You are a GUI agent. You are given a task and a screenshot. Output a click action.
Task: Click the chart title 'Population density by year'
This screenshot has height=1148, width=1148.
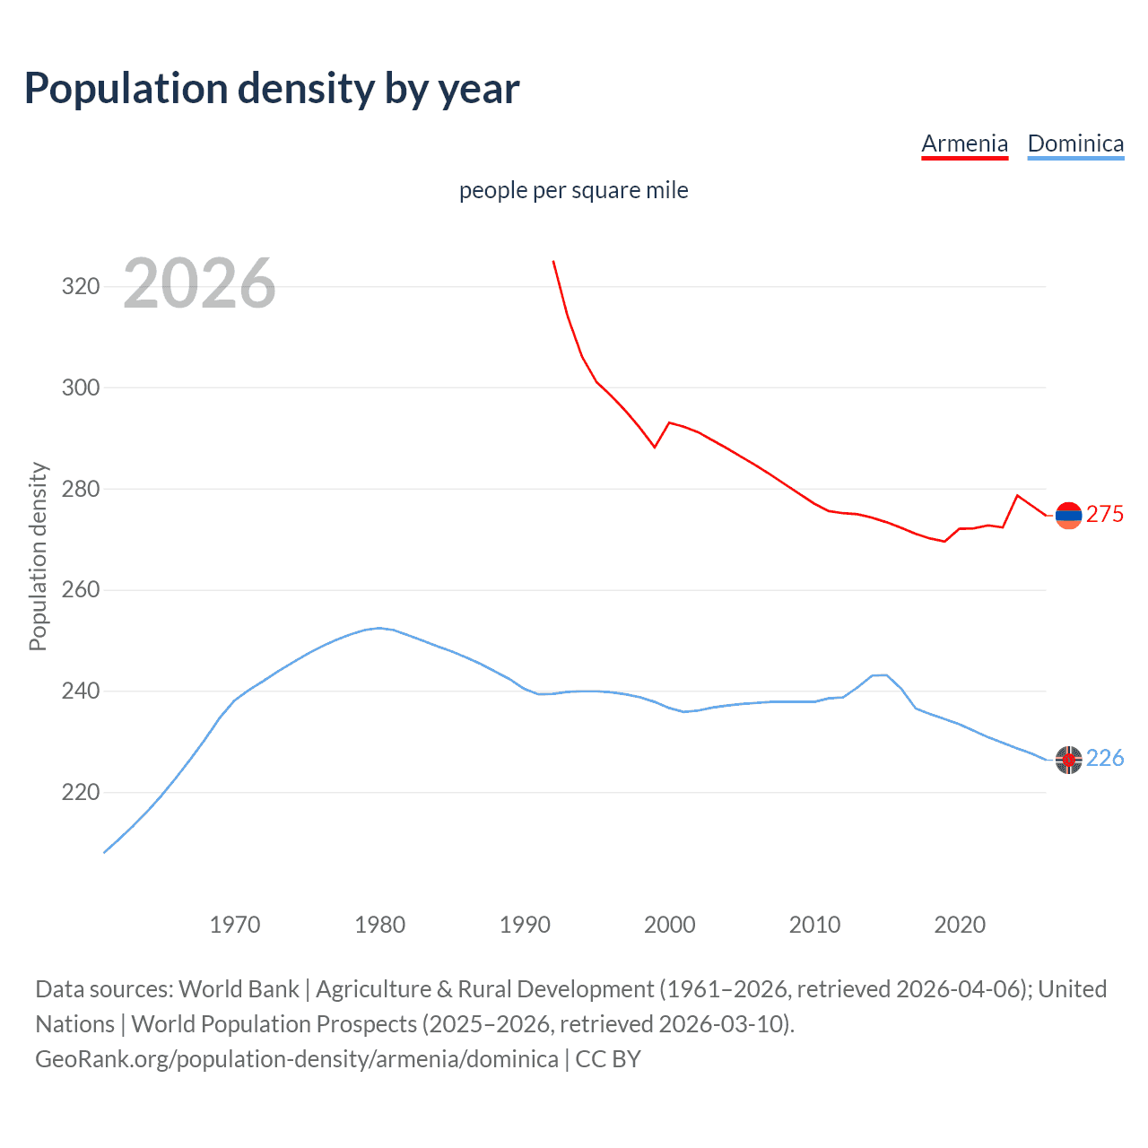coord(272,89)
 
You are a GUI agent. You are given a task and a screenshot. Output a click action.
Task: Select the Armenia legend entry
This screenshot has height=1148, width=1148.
coord(964,143)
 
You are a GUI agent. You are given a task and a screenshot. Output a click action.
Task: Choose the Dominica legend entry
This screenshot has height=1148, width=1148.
coord(1075,143)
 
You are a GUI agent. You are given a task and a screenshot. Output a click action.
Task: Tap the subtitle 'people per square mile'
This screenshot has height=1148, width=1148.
coord(573,190)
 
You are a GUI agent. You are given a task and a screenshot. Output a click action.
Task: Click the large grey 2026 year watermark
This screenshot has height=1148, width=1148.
coord(199,283)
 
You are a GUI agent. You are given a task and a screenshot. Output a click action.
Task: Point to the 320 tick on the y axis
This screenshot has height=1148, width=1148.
coord(81,287)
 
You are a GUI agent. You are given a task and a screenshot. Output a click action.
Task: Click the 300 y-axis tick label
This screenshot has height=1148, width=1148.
coord(81,388)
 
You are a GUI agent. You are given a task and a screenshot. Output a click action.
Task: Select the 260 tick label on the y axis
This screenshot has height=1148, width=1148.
coord(81,590)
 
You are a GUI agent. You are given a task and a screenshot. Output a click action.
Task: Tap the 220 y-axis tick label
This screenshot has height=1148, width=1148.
coord(81,793)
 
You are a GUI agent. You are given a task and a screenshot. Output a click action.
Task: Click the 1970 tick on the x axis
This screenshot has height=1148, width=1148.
coord(235,925)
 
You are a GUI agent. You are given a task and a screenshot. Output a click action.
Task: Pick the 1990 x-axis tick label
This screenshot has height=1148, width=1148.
coord(525,925)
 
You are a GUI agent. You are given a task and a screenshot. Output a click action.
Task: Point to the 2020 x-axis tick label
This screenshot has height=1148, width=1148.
coord(960,925)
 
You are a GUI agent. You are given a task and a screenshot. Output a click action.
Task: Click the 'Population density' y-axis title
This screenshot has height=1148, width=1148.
coord(38,556)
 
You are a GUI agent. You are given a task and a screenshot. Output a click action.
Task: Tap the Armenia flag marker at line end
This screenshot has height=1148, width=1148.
coord(1068,515)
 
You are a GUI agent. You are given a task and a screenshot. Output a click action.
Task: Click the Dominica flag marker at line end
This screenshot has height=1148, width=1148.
coord(1068,760)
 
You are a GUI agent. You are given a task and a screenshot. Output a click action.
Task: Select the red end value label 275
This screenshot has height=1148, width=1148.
coord(1105,514)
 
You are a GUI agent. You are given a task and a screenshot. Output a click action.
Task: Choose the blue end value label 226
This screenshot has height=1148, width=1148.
coord(1105,759)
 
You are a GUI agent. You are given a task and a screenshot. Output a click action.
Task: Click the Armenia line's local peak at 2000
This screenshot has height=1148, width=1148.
coord(669,422)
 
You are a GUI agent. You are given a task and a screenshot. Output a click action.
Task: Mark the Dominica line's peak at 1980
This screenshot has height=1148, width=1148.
coord(379,628)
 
